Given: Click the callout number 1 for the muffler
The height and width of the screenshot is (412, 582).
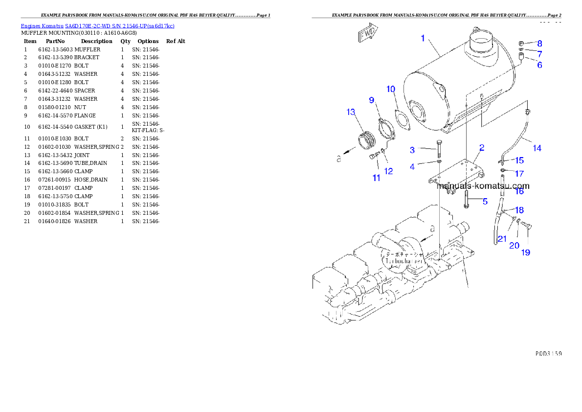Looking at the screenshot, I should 424,38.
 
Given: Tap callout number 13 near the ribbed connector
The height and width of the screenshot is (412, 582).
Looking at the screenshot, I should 351,113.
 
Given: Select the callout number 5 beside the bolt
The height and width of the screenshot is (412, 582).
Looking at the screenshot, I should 485,201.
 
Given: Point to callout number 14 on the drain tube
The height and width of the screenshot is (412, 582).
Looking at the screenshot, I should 537,148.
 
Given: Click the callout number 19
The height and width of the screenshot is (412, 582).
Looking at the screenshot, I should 525,253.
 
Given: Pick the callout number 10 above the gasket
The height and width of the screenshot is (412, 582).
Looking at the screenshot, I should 391,89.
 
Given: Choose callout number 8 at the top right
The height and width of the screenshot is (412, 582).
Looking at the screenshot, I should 539,43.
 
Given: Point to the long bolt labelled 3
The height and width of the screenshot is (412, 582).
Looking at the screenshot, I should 439,149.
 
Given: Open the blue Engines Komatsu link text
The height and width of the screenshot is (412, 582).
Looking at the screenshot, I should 97,26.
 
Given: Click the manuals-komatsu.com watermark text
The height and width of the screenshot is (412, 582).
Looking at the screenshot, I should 483,186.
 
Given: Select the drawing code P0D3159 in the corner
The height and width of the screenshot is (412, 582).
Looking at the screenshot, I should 548,353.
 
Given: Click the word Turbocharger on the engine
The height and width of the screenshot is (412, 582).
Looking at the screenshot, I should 404,261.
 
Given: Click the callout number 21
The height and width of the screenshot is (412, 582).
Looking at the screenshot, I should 502,239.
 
